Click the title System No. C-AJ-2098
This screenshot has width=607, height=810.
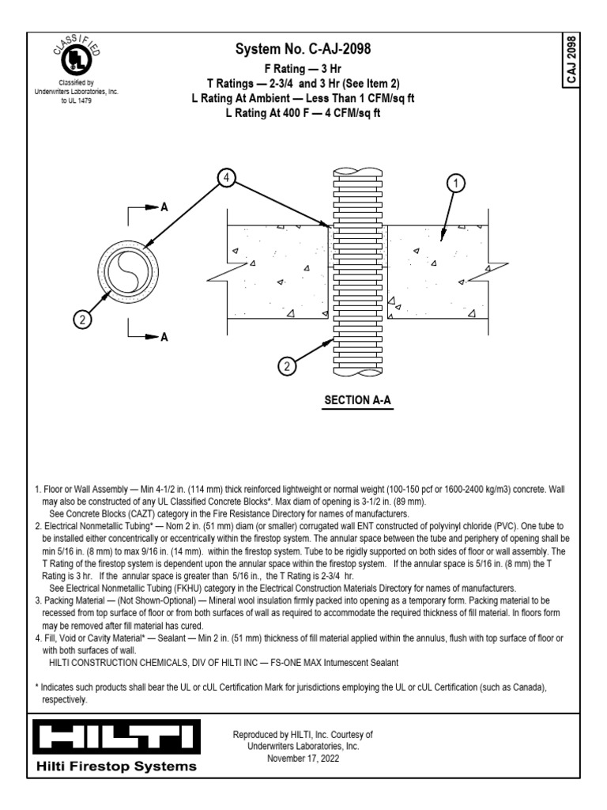[x=303, y=50]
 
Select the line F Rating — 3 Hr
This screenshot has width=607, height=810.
[x=303, y=69]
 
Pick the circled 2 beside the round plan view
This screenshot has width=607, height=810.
[x=82, y=320]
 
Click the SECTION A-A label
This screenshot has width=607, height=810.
[x=358, y=401]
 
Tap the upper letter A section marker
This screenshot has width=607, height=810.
[x=164, y=206]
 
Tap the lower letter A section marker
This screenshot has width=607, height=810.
[x=164, y=337]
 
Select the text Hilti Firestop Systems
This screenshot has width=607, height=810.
[x=115, y=766]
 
